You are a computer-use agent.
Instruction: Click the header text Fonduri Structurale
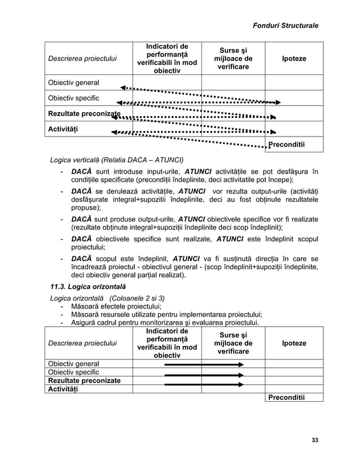click(285, 25)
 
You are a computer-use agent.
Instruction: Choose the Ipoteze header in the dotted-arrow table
click(294, 59)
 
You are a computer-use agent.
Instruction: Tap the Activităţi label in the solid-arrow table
click(63, 389)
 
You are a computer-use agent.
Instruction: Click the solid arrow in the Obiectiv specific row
click(203, 374)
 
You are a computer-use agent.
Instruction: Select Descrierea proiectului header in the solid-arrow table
click(82, 343)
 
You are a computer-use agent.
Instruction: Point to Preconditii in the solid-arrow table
click(286, 397)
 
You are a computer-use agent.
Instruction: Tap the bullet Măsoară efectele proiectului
click(113, 307)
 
